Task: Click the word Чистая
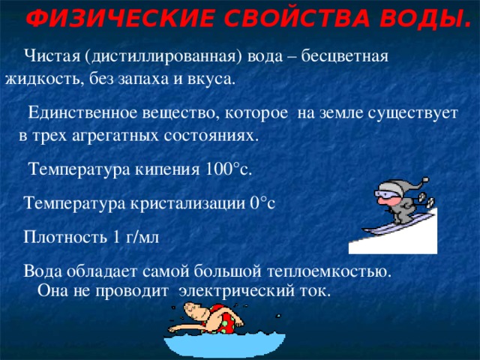click(x=52, y=55)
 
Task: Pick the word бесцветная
click(x=344, y=56)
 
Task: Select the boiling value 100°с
click(x=227, y=169)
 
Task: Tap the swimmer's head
click(x=196, y=311)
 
